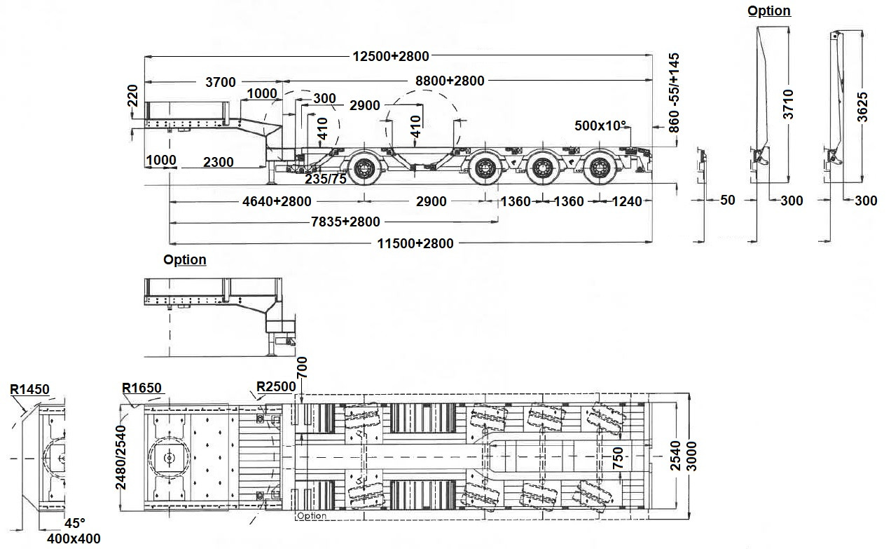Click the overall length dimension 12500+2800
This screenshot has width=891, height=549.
pyautogui.click(x=391, y=56)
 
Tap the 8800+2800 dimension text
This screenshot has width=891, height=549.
pyautogui.click(x=450, y=81)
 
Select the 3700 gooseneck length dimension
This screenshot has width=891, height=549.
pyautogui.click(x=221, y=82)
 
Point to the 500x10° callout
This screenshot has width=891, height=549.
pyautogui.click(x=600, y=126)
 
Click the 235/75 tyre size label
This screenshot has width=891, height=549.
pyautogui.click(x=326, y=179)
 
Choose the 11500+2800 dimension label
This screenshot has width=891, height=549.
pyautogui.click(x=416, y=243)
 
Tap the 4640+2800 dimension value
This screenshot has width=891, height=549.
pyautogui.click(x=277, y=201)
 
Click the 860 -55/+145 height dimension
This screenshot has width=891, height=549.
pyautogui.click(x=675, y=93)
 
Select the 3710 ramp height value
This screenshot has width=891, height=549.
pyautogui.click(x=788, y=104)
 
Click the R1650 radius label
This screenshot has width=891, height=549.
pyautogui.click(x=141, y=388)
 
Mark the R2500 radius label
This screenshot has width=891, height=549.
pyautogui.click(x=276, y=386)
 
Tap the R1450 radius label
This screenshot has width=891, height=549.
pyautogui.click(x=29, y=388)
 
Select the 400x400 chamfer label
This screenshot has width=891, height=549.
pyautogui.click(x=74, y=538)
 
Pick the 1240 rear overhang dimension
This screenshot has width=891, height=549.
pyautogui.click(x=626, y=201)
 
